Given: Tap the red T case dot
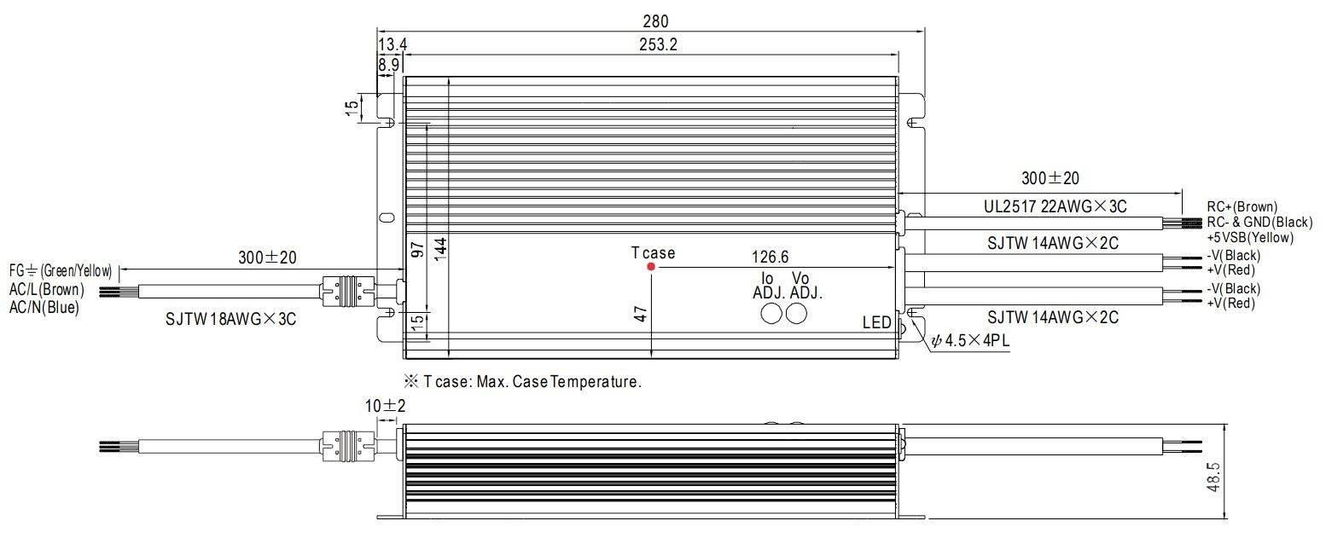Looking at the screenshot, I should pos(651,267).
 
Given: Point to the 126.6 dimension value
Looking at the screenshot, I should pos(771,257).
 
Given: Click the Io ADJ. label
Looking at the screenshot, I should pos(768,286).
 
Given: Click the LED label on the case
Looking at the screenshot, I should pos(876,323).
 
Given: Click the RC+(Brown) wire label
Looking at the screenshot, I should pos(1242,207).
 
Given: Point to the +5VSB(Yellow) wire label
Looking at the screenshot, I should pos(1249,238).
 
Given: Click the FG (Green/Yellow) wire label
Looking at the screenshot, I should pos(61,271).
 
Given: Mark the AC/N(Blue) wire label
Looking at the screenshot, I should pos(44,308).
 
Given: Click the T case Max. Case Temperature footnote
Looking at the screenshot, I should pos(521,382).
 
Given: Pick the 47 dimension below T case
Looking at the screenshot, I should pos(642,313).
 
